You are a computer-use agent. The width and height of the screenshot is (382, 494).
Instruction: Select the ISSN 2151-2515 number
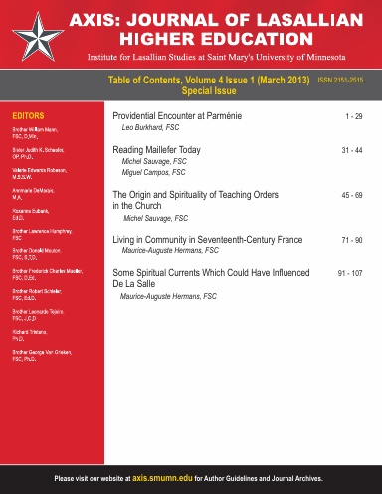click(347, 88)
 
